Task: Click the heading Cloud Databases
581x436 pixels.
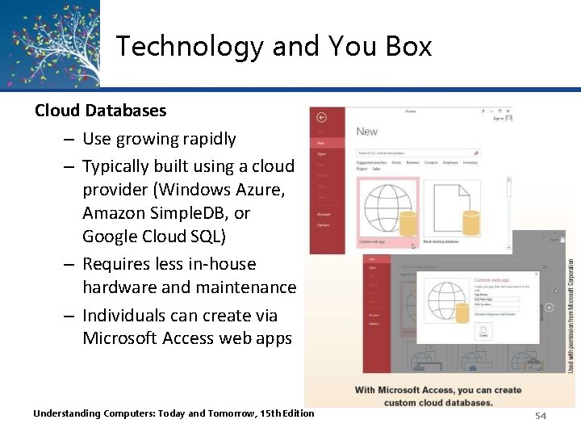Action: [100, 110]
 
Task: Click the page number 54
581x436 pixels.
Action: [540, 415]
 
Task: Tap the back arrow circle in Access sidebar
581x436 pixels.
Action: [321, 118]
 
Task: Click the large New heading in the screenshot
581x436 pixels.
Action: [367, 132]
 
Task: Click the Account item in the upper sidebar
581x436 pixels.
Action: [324, 214]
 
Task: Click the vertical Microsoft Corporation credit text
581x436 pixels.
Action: [571, 316]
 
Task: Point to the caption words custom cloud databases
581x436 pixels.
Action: [437, 402]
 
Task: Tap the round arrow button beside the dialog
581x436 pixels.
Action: [549, 308]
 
